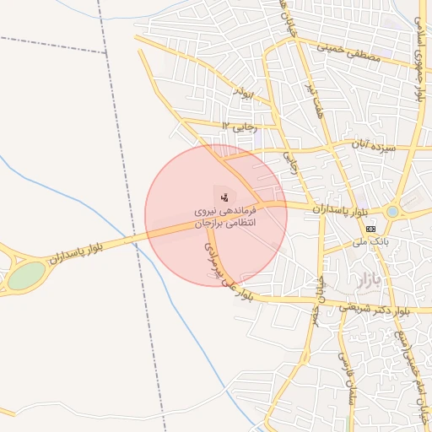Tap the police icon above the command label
pyautogui.click(x=224, y=197)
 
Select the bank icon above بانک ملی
pyautogui.click(x=371, y=228)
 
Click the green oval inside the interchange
pyautogui.click(x=26, y=275)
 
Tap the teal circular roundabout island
pyautogui.click(x=393, y=211)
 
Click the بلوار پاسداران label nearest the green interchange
pyautogui.click(x=76, y=253)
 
